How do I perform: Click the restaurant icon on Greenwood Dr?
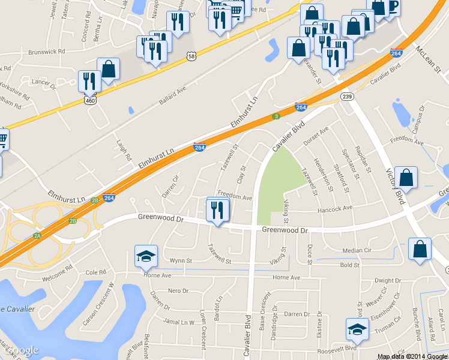217,210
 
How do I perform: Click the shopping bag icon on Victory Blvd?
406,179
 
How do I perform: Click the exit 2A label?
37,236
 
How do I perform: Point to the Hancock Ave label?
335,209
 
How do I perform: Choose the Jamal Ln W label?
178,322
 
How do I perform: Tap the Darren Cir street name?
170,186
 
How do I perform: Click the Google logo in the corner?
22,350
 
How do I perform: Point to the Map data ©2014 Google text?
412,356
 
